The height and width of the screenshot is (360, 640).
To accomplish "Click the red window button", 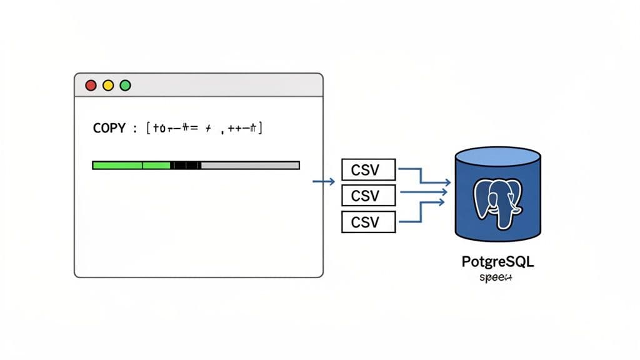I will point(91,85).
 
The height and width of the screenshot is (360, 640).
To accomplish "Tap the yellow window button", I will point(108,85).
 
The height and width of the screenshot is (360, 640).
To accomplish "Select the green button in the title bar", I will point(125,85).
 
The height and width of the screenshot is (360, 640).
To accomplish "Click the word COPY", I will point(109,128).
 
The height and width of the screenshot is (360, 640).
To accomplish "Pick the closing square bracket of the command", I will point(260,128).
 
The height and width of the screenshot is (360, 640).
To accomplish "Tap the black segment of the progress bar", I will point(186,165).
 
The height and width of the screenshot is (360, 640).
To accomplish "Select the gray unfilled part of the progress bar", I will point(250,165).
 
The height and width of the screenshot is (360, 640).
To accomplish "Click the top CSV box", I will point(369,169).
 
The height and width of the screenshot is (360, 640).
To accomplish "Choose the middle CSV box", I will point(369,195).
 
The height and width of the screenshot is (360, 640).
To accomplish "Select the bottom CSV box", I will point(369,221).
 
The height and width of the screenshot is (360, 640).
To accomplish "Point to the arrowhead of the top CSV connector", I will point(447,182).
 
